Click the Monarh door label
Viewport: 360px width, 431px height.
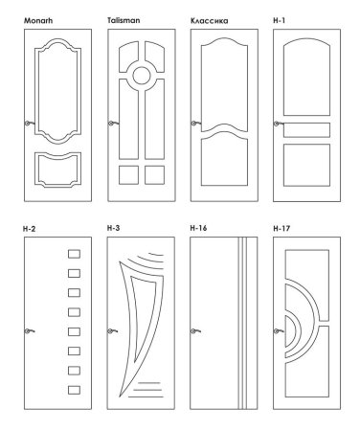pyautogui.click(x=38, y=21)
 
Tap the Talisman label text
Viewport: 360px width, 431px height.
pyautogui.click(x=124, y=20)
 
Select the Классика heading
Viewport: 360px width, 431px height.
pyautogui.click(x=210, y=21)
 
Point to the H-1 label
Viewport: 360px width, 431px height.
pyautogui.click(x=280, y=20)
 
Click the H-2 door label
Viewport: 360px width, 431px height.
pyautogui.click(x=30, y=229)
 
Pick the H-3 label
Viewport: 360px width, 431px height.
pyautogui.click(x=114, y=228)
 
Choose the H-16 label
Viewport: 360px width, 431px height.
pyautogui.click(x=198, y=228)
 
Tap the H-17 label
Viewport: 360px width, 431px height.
pyautogui.click(x=281, y=229)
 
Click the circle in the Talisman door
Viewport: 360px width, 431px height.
pyautogui.click(x=142, y=76)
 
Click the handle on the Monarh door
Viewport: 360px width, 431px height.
pyautogui.click(x=30, y=124)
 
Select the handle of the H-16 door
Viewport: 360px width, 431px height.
pyautogui.click(x=195, y=331)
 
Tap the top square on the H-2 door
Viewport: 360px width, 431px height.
pyautogui.click(x=74, y=254)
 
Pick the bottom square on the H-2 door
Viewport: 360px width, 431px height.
pyautogui.click(x=74, y=390)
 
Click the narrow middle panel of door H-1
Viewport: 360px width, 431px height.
pyautogui.click(x=306, y=130)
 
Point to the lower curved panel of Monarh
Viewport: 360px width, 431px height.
pyautogui.click(x=57, y=170)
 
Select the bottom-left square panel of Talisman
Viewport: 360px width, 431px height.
pyautogui.click(x=128, y=175)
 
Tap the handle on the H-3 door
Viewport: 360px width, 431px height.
pyautogui.click(x=112, y=331)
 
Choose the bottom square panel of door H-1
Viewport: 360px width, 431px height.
pyautogui.click(x=306, y=165)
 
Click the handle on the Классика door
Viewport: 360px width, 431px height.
pyautogui.click(x=195, y=124)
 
